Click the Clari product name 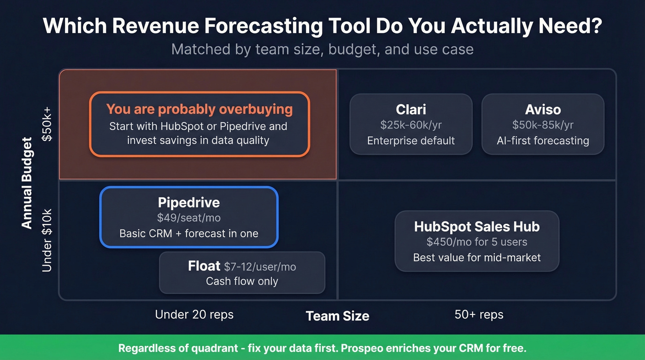pos(411,110)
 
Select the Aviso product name pos(543,110)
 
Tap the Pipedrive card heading pos(189,202)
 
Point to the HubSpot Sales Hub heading pos(477,226)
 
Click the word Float pos(204,266)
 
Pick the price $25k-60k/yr pos(411,125)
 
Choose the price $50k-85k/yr pos(543,125)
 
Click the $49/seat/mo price pos(189,218)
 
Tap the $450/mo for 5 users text pos(477,242)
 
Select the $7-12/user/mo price pos(260,267)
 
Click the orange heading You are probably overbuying pos(199,109)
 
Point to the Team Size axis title pos(338,316)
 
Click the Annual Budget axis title pos(27,183)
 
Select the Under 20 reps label pos(194,315)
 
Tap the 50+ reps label pos(479,315)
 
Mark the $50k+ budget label pos(47,125)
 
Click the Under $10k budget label pos(47,240)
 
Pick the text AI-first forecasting pos(543,141)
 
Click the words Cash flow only pos(242,281)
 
